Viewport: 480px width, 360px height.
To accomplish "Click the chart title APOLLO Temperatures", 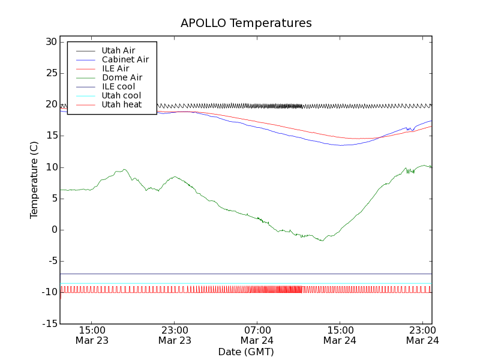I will pyautogui.click(x=246, y=23).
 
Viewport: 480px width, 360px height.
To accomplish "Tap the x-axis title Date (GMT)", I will pyautogui.click(x=246, y=352).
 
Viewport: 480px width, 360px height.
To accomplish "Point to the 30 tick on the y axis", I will pyautogui.click(x=50, y=42).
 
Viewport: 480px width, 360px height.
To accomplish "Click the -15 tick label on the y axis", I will pyautogui.click(x=48, y=323).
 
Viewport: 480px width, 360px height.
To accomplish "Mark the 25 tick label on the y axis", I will pyautogui.click(x=50, y=73).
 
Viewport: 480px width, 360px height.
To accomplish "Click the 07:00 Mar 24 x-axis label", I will pyautogui.click(x=257, y=335).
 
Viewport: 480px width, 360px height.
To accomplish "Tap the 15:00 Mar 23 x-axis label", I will pyautogui.click(x=92, y=335).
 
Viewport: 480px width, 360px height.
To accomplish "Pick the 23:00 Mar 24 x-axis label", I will pyautogui.click(x=422, y=335).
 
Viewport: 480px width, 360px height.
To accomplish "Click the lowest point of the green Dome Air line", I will pyautogui.click(x=322, y=241).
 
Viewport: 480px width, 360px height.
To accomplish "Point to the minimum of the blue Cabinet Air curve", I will pyautogui.click(x=341, y=145).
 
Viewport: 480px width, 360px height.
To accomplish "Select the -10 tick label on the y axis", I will pyautogui.click(x=48, y=292).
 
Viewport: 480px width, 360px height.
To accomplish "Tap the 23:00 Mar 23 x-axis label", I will pyautogui.click(x=175, y=335).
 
